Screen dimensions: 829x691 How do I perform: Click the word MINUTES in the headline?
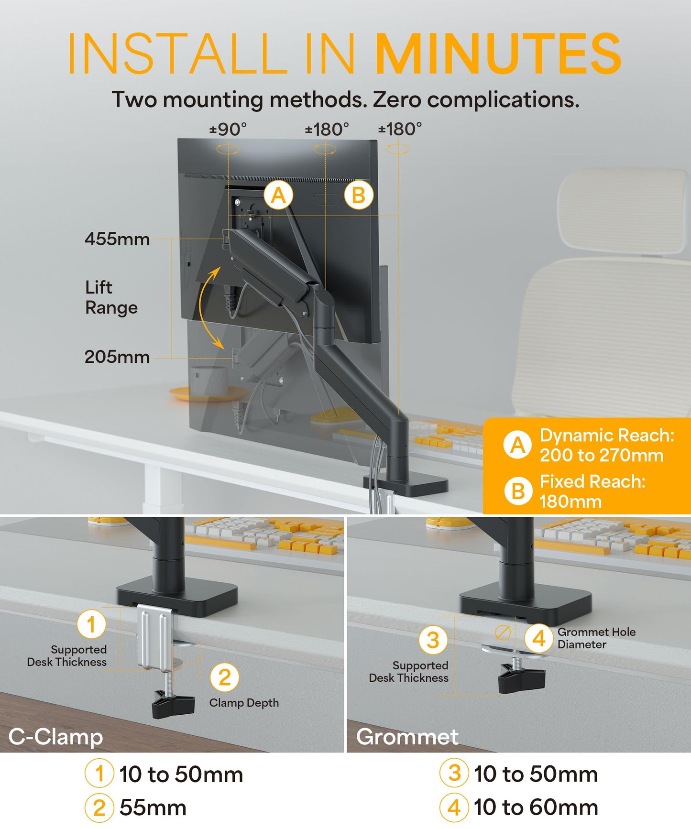(x=497, y=54)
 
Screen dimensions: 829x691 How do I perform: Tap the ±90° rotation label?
(x=228, y=129)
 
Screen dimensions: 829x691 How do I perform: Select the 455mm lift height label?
(x=117, y=239)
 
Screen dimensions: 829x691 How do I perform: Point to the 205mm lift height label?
(x=117, y=357)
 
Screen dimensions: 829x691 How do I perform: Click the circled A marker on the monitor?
(x=278, y=195)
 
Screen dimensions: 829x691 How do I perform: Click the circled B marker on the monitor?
(x=359, y=195)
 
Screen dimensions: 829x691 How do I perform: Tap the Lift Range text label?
(x=111, y=297)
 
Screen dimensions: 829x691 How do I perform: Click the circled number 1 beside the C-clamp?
(x=91, y=624)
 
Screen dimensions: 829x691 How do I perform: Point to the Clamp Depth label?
(x=244, y=703)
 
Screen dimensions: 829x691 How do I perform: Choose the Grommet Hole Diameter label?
(x=596, y=638)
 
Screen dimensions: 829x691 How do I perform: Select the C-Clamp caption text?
(x=56, y=737)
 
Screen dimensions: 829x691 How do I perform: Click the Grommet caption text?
(x=407, y=737)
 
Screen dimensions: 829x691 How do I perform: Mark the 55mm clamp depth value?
(x=153, y=808)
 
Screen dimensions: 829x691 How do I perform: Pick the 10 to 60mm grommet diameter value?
(x=536, y=807)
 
